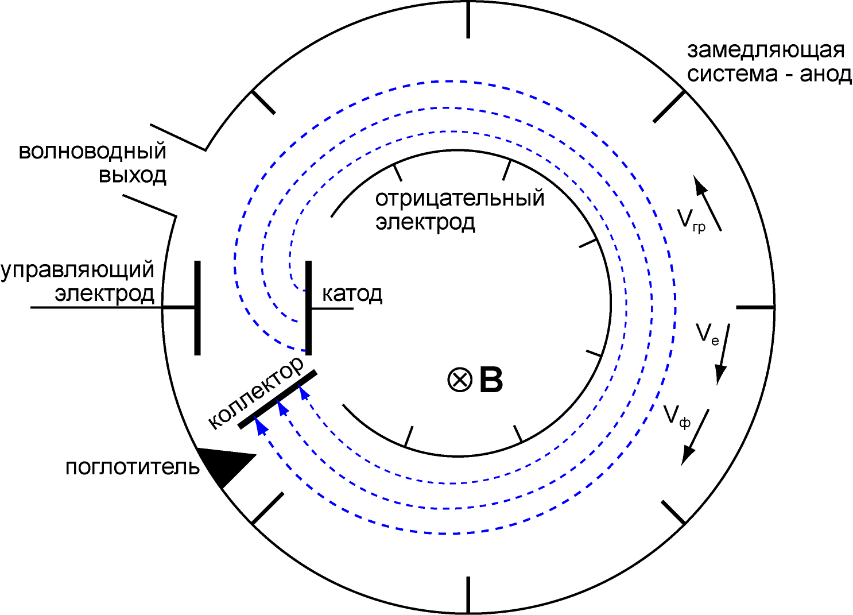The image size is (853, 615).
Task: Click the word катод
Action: pyautogui.click(x=352, y=295)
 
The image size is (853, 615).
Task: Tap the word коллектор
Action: pyautogui.click(x=256, y=393)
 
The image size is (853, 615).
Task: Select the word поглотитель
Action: pyautogui.click(x=133, y=467)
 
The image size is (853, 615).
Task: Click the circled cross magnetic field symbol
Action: pyautogui.click(x=460, y=380)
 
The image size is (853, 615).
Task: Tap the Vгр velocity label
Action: pyautogui.click(x=691, y=221)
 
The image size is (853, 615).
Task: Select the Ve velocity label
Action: pyautogui.click(x=707, y=335)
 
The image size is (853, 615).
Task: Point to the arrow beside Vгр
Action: pyautogui.click(x=707, y=203)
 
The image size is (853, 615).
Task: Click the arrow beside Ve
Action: pyautogui.click(x=722, y=354)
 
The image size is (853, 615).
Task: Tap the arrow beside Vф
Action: pyautogui.click(x=695, y=438)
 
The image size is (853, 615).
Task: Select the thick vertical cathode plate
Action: pyautogui.click(x=308, y=308)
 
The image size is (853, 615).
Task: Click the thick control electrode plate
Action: pyautogui.click(x=197, y=308)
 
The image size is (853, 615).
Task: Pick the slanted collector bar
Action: pyautogui.click(x=277, y=399)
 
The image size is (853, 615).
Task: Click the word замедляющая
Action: pyautogui.click(x=766, y=51)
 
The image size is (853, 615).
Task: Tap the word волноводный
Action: pyautogui.click(x=92, y=151)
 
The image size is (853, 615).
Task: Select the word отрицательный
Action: pyautogui.click(x=460, y=199)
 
